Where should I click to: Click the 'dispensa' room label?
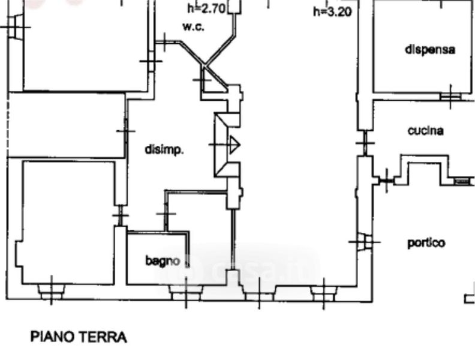tap(429, 49)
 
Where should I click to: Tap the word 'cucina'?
tap(425, 130)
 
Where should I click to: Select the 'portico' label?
tap(426, 243)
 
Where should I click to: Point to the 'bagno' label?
tap(163, 261)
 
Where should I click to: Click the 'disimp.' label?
tap(164, 150)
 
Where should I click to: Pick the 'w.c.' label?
tap(193, 27)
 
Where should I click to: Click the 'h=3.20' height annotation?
tap(332, 11)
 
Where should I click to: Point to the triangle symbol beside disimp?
tap(233, 145)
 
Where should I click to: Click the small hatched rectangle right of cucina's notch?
tap(462, 181)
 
